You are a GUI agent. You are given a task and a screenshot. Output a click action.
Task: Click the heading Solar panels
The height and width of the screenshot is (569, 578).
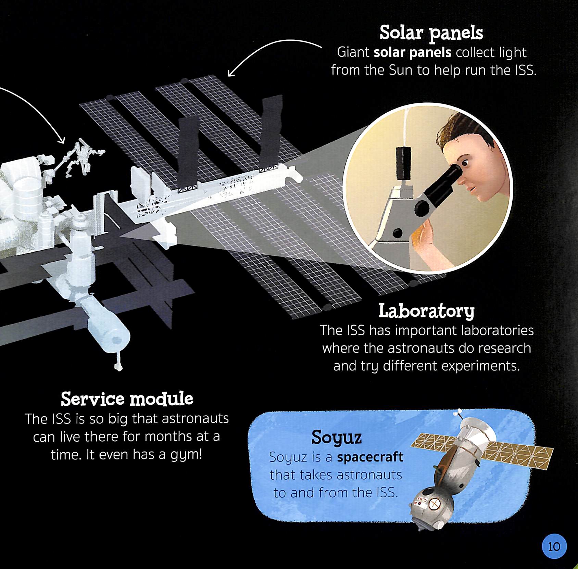[431, 33]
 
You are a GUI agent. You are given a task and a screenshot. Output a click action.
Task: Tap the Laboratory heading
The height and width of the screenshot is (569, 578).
[426, 311]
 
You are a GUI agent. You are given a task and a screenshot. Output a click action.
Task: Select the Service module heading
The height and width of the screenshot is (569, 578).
[127, 399]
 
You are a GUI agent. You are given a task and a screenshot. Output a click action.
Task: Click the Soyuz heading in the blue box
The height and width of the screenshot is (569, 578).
[336, 438]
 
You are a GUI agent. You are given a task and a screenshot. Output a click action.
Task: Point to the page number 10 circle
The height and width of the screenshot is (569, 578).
[554, 546]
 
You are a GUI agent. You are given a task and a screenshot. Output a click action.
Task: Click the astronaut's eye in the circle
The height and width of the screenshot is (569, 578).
[465, 162]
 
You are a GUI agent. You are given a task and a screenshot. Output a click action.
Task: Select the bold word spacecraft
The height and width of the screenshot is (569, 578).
[370, 457]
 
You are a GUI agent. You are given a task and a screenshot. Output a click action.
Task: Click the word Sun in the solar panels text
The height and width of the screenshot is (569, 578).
[401, 70]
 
